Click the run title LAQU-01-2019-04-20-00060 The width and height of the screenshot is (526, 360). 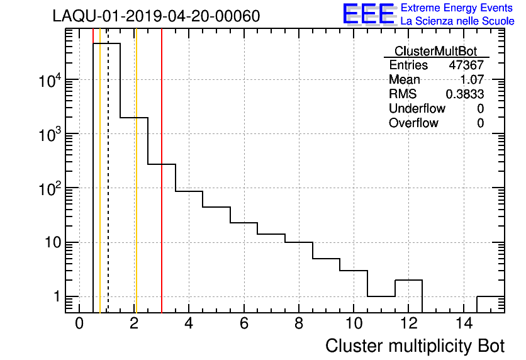pos(156,16)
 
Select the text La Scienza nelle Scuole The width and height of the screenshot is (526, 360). pos(457,21)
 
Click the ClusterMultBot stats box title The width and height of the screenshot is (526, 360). pos(435,51)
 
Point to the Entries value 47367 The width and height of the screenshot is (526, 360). pos(466,65)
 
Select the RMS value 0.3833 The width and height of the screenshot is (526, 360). pos(465,94)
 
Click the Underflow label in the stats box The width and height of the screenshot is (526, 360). pos(417,109)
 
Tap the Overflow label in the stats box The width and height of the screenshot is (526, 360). pos(413,123)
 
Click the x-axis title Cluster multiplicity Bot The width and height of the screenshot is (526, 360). pos(415,346)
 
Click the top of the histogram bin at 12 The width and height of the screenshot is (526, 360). pos(408,280)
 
